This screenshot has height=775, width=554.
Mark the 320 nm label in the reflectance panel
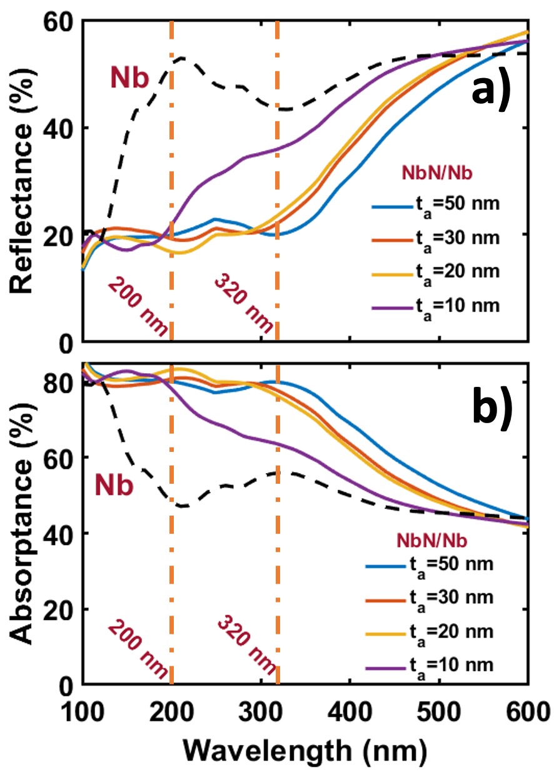pos(244,304)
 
